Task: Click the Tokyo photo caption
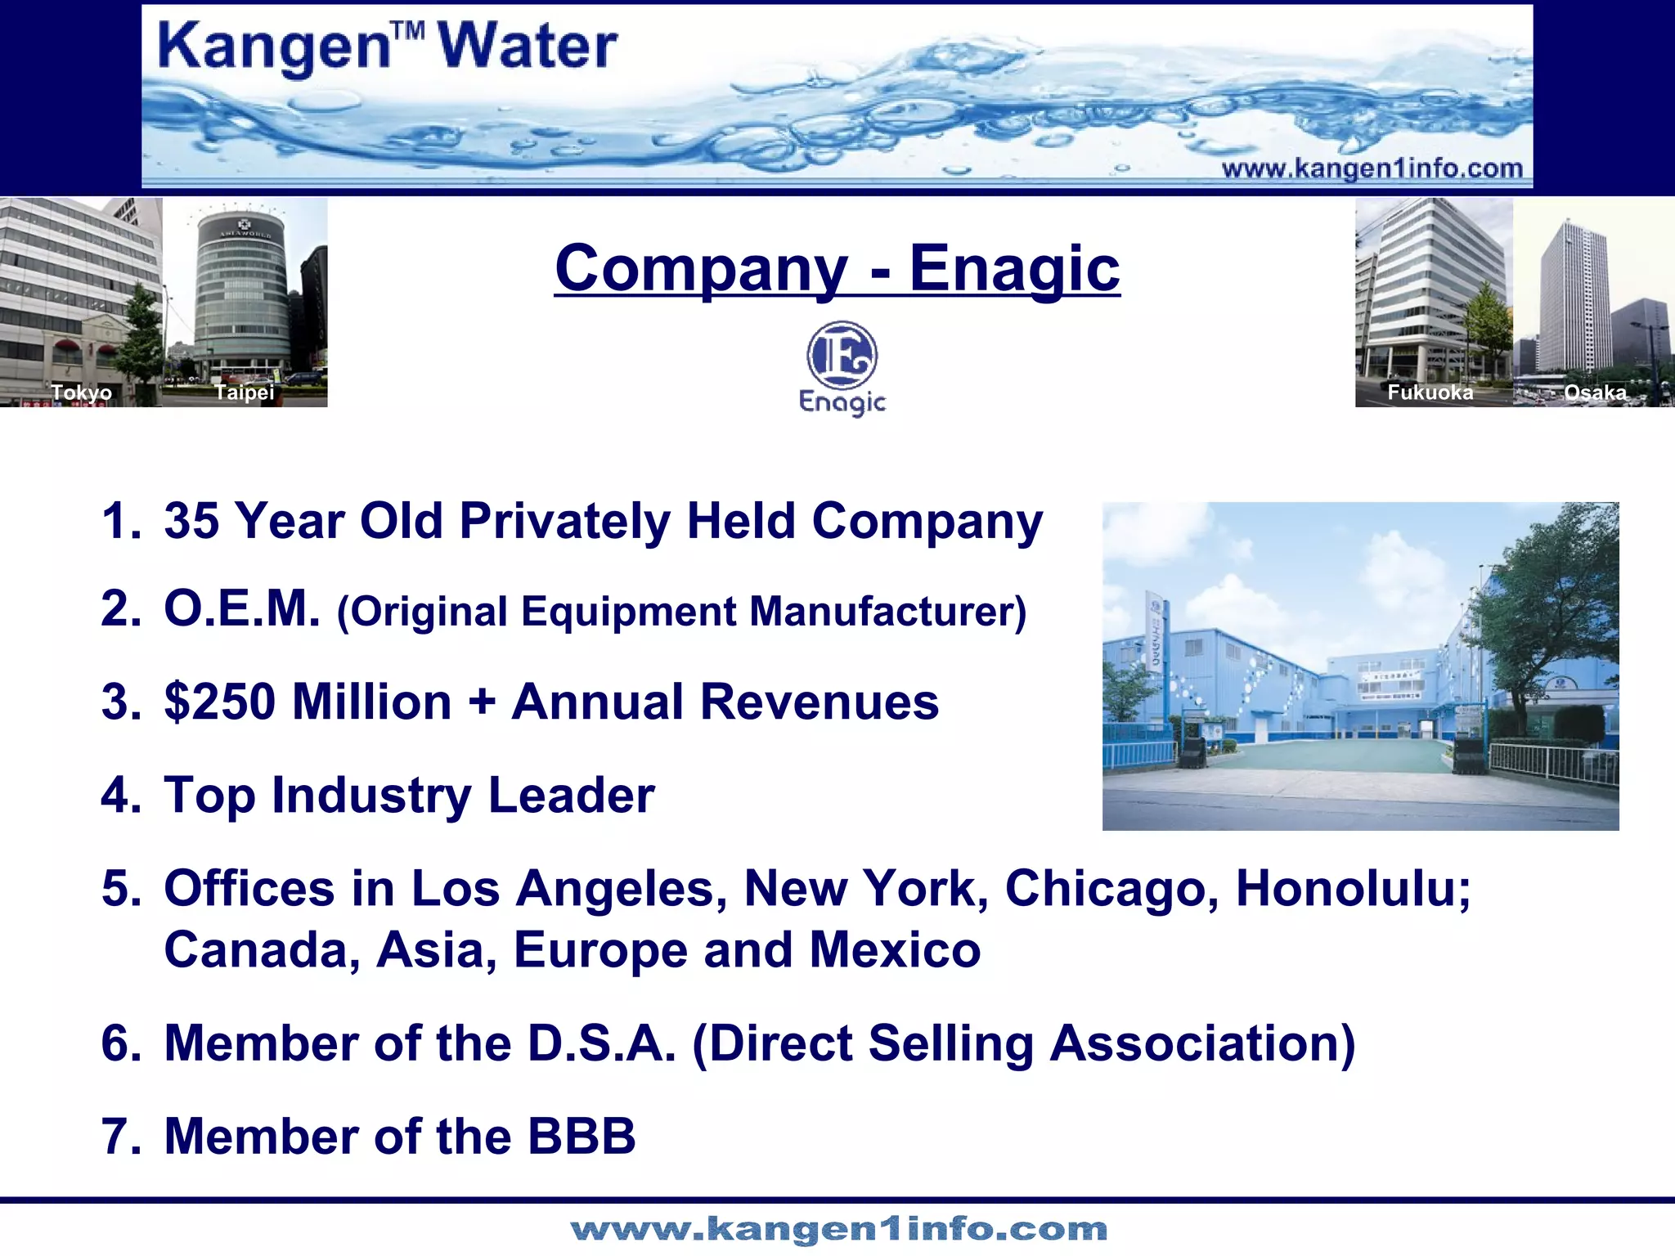point(82,392)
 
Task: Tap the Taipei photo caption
point(244,392)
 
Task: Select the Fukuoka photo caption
point(1430,392)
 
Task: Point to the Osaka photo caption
point(1595,392)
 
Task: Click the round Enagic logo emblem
point(842,356)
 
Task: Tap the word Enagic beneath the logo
point(842,402)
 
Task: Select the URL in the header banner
point(1372,169)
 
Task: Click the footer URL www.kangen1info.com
point(838,1229)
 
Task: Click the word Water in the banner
point(528,47)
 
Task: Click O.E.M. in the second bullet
point(242,609)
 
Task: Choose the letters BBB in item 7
point(582,1137)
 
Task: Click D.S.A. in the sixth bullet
point(602,1043)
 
